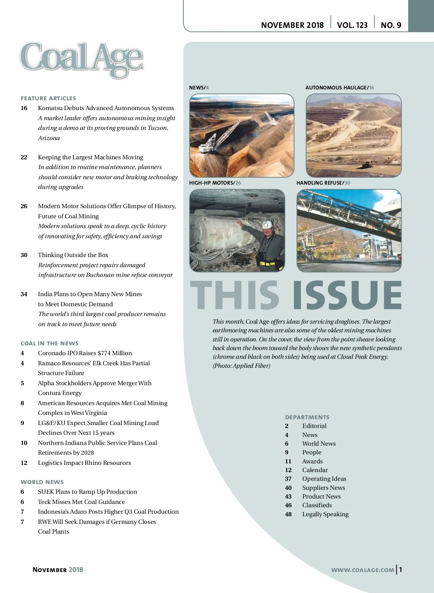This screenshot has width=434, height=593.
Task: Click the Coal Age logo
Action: pos(82,59)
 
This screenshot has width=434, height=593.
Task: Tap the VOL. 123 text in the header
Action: pos(352,25)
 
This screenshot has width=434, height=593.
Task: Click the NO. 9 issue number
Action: pos(391,25)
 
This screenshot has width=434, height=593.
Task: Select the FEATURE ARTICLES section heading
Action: pos(48,98)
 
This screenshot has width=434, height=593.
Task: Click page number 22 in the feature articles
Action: pos(24,157)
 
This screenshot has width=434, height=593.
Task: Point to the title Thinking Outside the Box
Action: pos(73,255)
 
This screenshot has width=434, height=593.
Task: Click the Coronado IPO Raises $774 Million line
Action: pos(85,353)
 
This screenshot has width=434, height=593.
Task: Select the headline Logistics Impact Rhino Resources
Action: pos(84,463)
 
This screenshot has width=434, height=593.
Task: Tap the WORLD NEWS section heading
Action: pos(42,482)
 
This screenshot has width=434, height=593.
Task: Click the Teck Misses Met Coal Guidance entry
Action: pos(81,502)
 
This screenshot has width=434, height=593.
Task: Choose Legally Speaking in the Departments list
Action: pos(325,514)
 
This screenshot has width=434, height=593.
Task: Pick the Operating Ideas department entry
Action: pos(324,479)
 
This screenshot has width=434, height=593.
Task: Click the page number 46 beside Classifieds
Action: pos(288,505)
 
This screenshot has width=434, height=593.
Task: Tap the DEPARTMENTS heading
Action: pos(307,417)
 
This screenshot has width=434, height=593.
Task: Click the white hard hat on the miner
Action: pos(268,224)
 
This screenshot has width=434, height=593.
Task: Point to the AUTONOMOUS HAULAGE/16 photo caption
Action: pos(340,88)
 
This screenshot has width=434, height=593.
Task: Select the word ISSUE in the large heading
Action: pos(347,295)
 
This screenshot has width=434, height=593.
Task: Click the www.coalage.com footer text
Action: pos(362,570)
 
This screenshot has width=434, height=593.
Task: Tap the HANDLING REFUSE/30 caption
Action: pos(323,183)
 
